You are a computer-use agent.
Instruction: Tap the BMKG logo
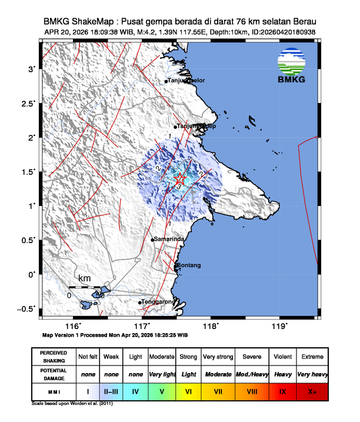(x=294, y=66)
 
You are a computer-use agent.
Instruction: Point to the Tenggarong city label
(x=159, y=302)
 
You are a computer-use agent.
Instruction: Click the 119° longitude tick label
(x=280, y=326)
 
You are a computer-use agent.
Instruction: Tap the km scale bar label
(x=85, y=277)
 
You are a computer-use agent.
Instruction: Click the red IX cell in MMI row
(x=282, y=391)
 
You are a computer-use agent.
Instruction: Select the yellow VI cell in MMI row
(x=189, y=391)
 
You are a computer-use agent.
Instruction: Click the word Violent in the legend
(x=282, y=357)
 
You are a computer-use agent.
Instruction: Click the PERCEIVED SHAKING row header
(x=54, y=357)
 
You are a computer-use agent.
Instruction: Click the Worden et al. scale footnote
(x=72, y=404)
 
